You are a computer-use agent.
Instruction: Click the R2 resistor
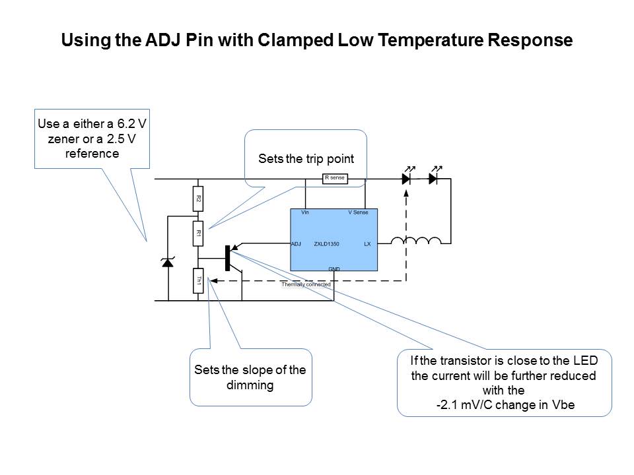pos(197,198)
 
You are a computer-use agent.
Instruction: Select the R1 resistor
pos(197,233)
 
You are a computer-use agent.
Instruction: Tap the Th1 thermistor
pos(197,281)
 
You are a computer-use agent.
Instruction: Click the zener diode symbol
pos(167,263)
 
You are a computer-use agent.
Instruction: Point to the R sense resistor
pos(335,178)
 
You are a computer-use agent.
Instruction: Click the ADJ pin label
pos(297,244)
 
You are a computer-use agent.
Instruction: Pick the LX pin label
pos(367,244)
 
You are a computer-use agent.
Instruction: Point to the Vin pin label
pos(305,213)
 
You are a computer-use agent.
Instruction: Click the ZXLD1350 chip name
pos(327,244)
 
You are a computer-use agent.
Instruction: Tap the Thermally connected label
pos(306,284)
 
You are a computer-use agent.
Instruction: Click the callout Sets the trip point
pos(306,159)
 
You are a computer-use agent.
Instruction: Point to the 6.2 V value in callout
pos(127,125)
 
